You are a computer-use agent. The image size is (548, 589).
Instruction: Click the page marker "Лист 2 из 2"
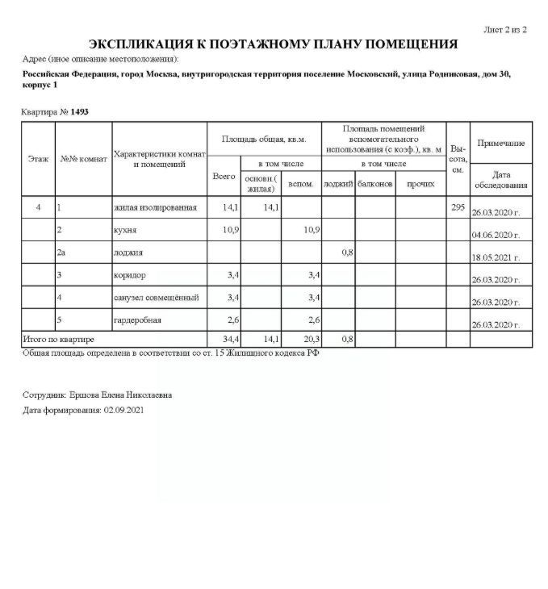(x=504, y=30)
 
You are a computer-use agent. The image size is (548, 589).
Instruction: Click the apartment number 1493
(x=79, y=111)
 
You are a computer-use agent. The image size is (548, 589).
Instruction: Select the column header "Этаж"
(x=38, y=159)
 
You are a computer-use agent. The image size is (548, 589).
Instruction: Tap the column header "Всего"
(x=224, y=175)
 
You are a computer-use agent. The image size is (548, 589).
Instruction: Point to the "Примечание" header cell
(x=501, y=143)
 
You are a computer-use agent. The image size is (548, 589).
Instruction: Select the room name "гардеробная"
(x=138, y=320)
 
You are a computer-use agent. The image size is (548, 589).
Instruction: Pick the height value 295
(x=458, y=208)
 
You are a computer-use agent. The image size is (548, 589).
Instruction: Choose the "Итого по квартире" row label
(x=59, y=340)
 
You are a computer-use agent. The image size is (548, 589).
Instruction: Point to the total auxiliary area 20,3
(x=311, y=340)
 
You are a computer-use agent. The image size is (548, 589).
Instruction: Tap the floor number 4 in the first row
(x=38, y=208)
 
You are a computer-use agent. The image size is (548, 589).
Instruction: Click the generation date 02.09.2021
(x=125, y=410)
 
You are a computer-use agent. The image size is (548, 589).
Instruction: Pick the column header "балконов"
(x=375, y=184)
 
